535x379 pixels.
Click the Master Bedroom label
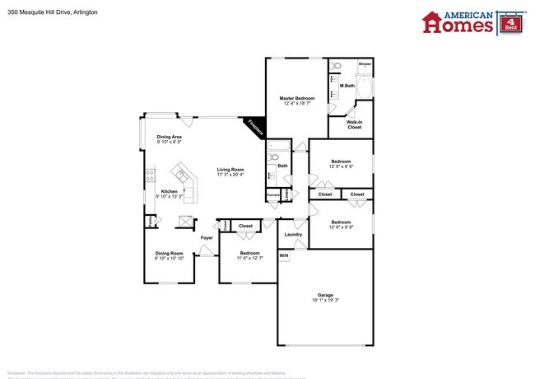tap(297, 98)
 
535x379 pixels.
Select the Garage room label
tap(325, 295)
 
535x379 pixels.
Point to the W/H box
tap(284, 256)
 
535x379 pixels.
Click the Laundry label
tap(293, 235)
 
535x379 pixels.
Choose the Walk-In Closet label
tap(354, 124)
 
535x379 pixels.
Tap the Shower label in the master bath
tap(365, 63)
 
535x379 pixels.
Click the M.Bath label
tap(347, 86)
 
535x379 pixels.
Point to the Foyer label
tap(207, 238)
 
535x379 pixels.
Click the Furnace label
tap(272, 194)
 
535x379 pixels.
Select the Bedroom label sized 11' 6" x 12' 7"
tap(249, 253)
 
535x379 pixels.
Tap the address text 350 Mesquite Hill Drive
tap(47, 12)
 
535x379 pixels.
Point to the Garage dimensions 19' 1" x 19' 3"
tap(325, 301)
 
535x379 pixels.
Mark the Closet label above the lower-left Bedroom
tap(245, 225)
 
